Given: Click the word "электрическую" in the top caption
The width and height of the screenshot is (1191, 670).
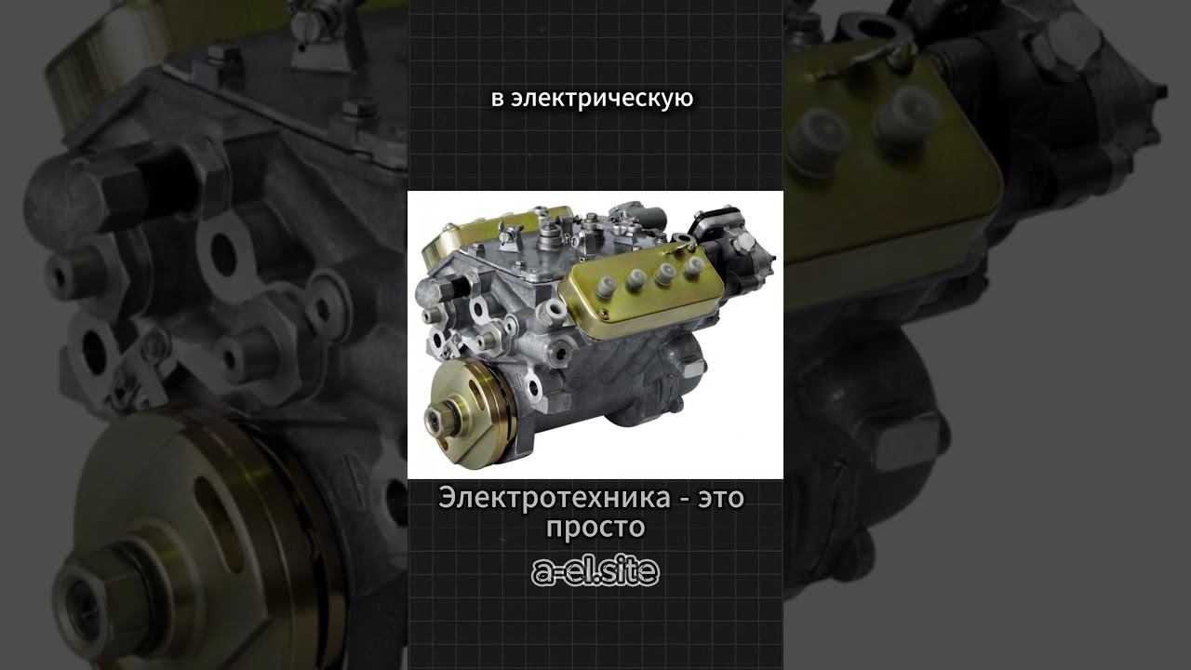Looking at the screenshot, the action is [602, 99].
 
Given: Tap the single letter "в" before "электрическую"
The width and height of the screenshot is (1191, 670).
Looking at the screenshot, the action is [497, 100].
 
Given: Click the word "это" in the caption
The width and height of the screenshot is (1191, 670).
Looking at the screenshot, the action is [721, 500].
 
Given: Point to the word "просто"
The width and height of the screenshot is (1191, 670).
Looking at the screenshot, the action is [595, 528].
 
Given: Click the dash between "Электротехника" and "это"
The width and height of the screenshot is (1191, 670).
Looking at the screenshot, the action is [684, 501].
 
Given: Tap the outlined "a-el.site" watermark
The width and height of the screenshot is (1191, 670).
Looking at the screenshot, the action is [595, 571].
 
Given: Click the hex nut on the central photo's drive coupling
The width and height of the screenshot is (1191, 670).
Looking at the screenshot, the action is [441, 419].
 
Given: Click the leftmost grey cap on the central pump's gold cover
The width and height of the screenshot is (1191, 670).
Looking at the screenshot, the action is [605, 288].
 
